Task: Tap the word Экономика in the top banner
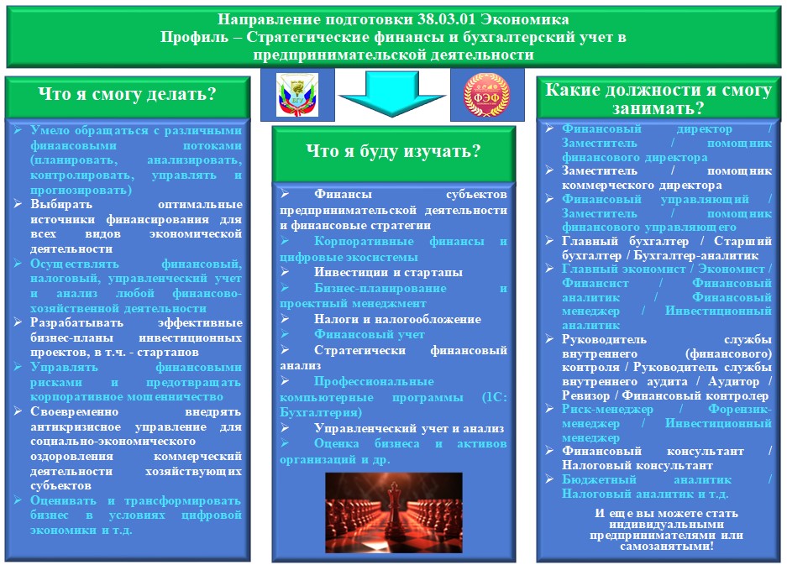tap(525, 19)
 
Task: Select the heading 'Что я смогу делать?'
tap(127, 94)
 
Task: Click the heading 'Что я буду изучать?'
tap(393, 150)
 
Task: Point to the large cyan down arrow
tap(392, 94)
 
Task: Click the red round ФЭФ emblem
tap(486, 95)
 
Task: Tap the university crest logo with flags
tap(297, 95)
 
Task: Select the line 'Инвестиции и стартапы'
tap(389, 273)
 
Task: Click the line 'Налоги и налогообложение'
tap(397, 319)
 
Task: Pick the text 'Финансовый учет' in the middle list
tap(370, 334)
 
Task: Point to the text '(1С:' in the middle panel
tap(495, 397)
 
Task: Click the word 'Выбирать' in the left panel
tap(61, 204)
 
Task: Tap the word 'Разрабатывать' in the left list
tap(76, 322)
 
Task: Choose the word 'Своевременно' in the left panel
tap(74, 411)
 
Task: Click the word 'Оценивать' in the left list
tap(63, 500)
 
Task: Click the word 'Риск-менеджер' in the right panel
tap(607, 410)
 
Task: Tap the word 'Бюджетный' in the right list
tap(599, 479)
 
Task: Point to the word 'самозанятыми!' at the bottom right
tap(667, 546)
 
